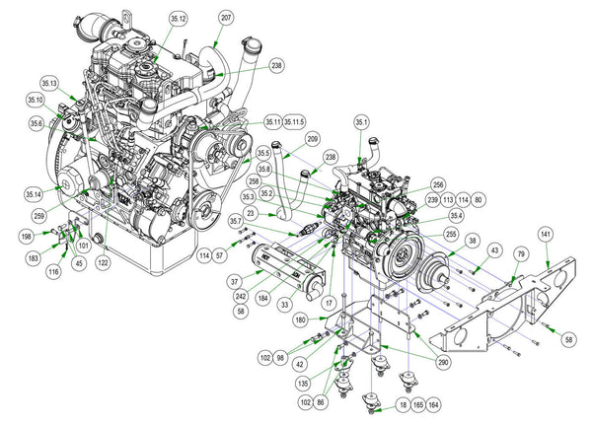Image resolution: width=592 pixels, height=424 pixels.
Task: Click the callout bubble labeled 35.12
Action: [x=178, y=19]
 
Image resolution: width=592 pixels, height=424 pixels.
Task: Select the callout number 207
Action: [x=227, y=19]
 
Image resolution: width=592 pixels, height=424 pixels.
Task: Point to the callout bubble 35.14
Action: [x=34, y=193]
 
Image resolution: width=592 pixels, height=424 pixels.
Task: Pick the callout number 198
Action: [x=28, y=237]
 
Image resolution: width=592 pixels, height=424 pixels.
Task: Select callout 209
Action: [x=313, y=141]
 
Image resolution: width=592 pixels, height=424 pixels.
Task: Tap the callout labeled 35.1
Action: [x=361, y=122]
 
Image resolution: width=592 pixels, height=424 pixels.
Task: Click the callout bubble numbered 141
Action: [x=546, y=234]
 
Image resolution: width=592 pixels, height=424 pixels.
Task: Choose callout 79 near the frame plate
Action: [x=514, y=255]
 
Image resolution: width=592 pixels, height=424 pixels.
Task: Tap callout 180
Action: [x=302, y=318]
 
